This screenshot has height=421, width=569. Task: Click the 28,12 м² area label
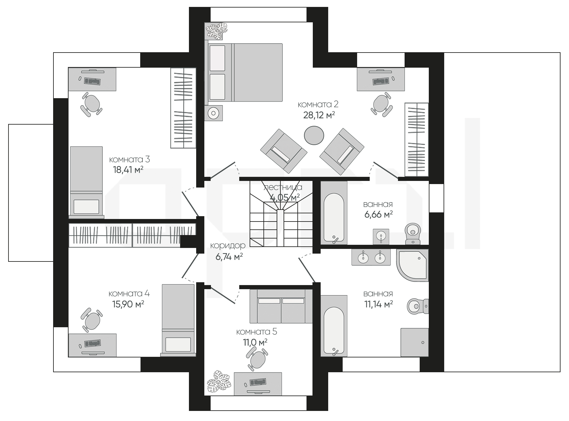click(x=319, y=115)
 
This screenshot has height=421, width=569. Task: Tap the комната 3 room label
click(x=129, y=159)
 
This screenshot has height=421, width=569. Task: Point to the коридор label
click(x=228, y=245)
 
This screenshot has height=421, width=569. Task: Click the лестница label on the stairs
click(x=283, y=188)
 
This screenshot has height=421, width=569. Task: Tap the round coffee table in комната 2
click(x=314, y=135)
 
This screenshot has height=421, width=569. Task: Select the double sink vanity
click(x=371, y=257)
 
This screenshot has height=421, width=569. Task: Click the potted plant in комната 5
click(x=219, y=382)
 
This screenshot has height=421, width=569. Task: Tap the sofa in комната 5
click(x=281, y=306)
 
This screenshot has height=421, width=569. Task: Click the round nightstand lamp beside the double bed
click(x=214, y=113)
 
